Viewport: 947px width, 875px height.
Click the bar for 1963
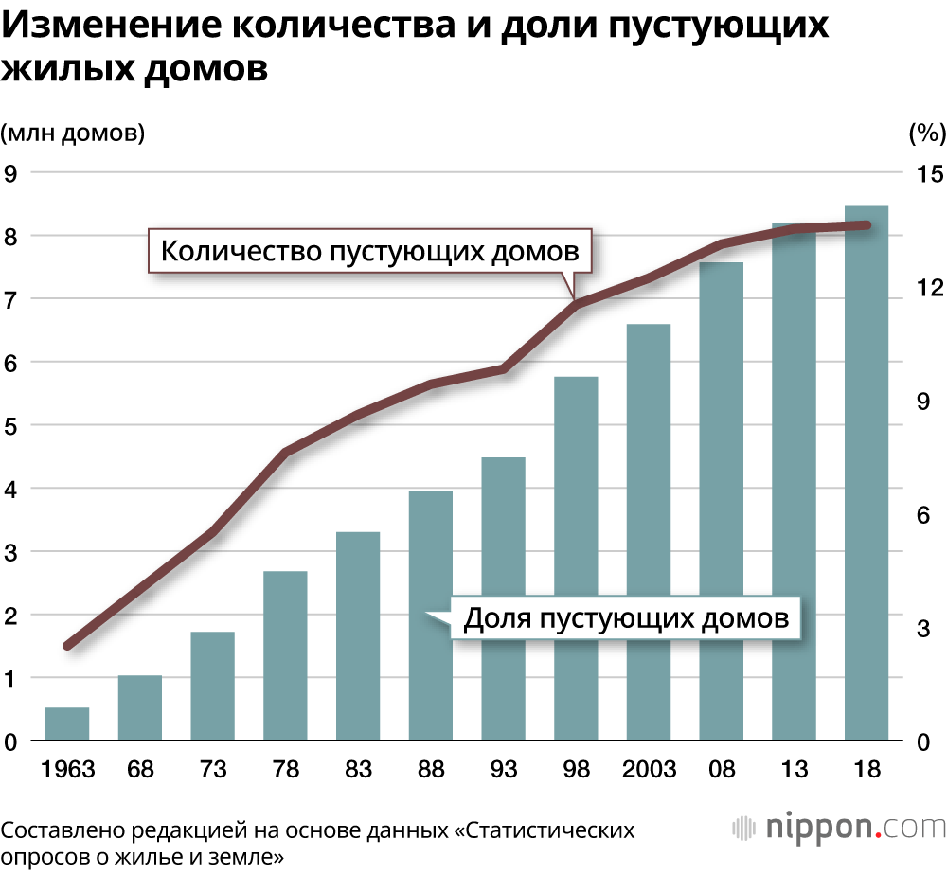pyautogui.click(x=67, y=724)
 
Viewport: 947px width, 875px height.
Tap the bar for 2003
pyautogui.click(x=649, y=532)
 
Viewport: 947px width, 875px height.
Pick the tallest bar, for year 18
pyautogui.click(x=867, y=473)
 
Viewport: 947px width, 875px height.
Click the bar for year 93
pyautogui.click(x=503, y=598)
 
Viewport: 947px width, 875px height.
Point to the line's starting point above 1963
pyautogui.click(x=67, y=646)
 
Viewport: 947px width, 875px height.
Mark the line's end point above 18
pyautogui.click(x=867, y=224)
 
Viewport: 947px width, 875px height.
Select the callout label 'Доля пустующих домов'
pyautogui.click(x=626, y=619)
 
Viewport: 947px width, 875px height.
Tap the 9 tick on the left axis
pyautogui.click(x=11, y=173)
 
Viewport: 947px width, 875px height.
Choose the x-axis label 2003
pyautogui.click(x=649, y=768)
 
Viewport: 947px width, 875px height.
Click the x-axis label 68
pyautogui.click(x=140, y=768)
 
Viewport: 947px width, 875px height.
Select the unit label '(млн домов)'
pyautogui.click(x=73, y=134)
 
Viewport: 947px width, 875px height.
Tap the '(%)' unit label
pyautogui.click(x=926, y=134)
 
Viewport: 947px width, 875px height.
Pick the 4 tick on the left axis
pyautogui.click(x=11, y=489)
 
